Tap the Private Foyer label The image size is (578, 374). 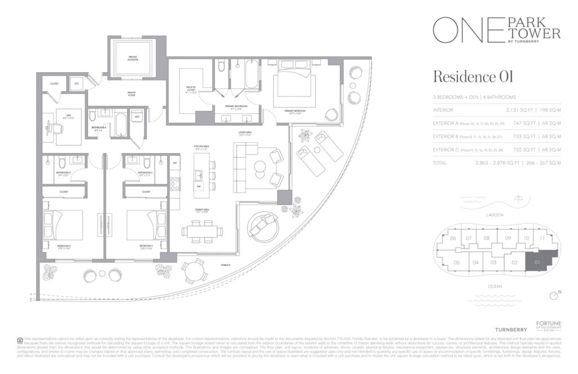coord(132,95)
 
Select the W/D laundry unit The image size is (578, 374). coord(137,117)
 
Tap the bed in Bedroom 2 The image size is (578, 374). coord(146,224)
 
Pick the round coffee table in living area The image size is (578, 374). coord(261,167)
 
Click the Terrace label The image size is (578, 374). coord(226,264)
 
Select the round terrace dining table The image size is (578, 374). coord(195,272)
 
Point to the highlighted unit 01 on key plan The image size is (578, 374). coord(539,262)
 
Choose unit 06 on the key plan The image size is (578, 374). coord(453,238)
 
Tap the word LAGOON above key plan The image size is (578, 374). coord(494,216)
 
